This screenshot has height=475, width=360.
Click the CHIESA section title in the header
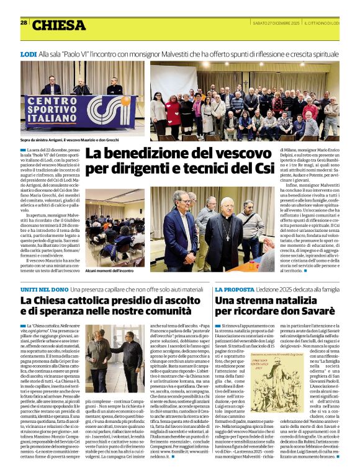tap(59, 25)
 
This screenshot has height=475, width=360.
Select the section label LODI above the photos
tap(28, 55)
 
